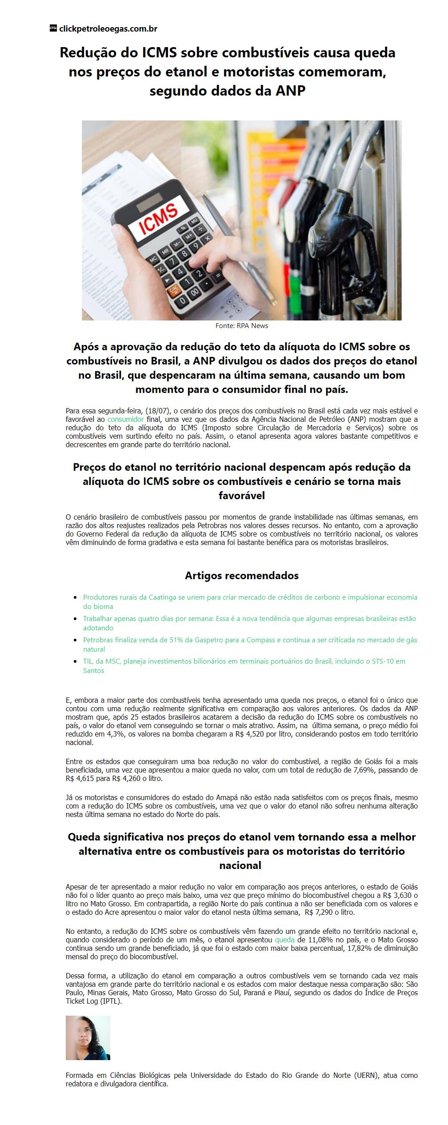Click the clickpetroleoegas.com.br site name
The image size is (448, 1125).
pos(108,29)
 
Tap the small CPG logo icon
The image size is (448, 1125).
pos(53,28)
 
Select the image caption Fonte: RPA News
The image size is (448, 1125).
pos(241,326)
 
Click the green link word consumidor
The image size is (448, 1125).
pos(125,419)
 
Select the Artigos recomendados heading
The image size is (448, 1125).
pos(241,576)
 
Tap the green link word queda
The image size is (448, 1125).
pos(284,940)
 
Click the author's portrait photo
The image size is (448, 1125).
pos(88,1037)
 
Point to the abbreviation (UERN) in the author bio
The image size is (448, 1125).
pos(368,1075)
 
